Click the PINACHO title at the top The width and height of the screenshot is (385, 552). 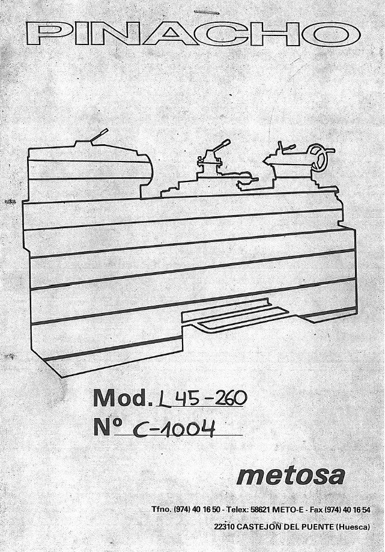pos(193,34)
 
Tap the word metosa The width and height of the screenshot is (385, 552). pos(291,476)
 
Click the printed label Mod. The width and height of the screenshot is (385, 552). pos(120,398)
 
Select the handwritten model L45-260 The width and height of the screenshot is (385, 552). pos(201,398)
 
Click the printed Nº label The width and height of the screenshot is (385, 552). pos(108,426)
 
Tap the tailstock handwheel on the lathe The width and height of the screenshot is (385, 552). pos(320,158)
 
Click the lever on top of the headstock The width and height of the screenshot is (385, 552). pos(99,136)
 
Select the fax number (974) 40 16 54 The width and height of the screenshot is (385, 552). pos(347,509)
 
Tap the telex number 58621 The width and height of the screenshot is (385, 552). pos(261,509)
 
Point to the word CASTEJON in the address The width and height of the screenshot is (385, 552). pos(258,527)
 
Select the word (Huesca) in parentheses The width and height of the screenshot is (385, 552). pos(353,527)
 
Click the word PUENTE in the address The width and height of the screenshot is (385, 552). pos(318,527)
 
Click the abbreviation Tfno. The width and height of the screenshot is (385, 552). pos(162,509)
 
